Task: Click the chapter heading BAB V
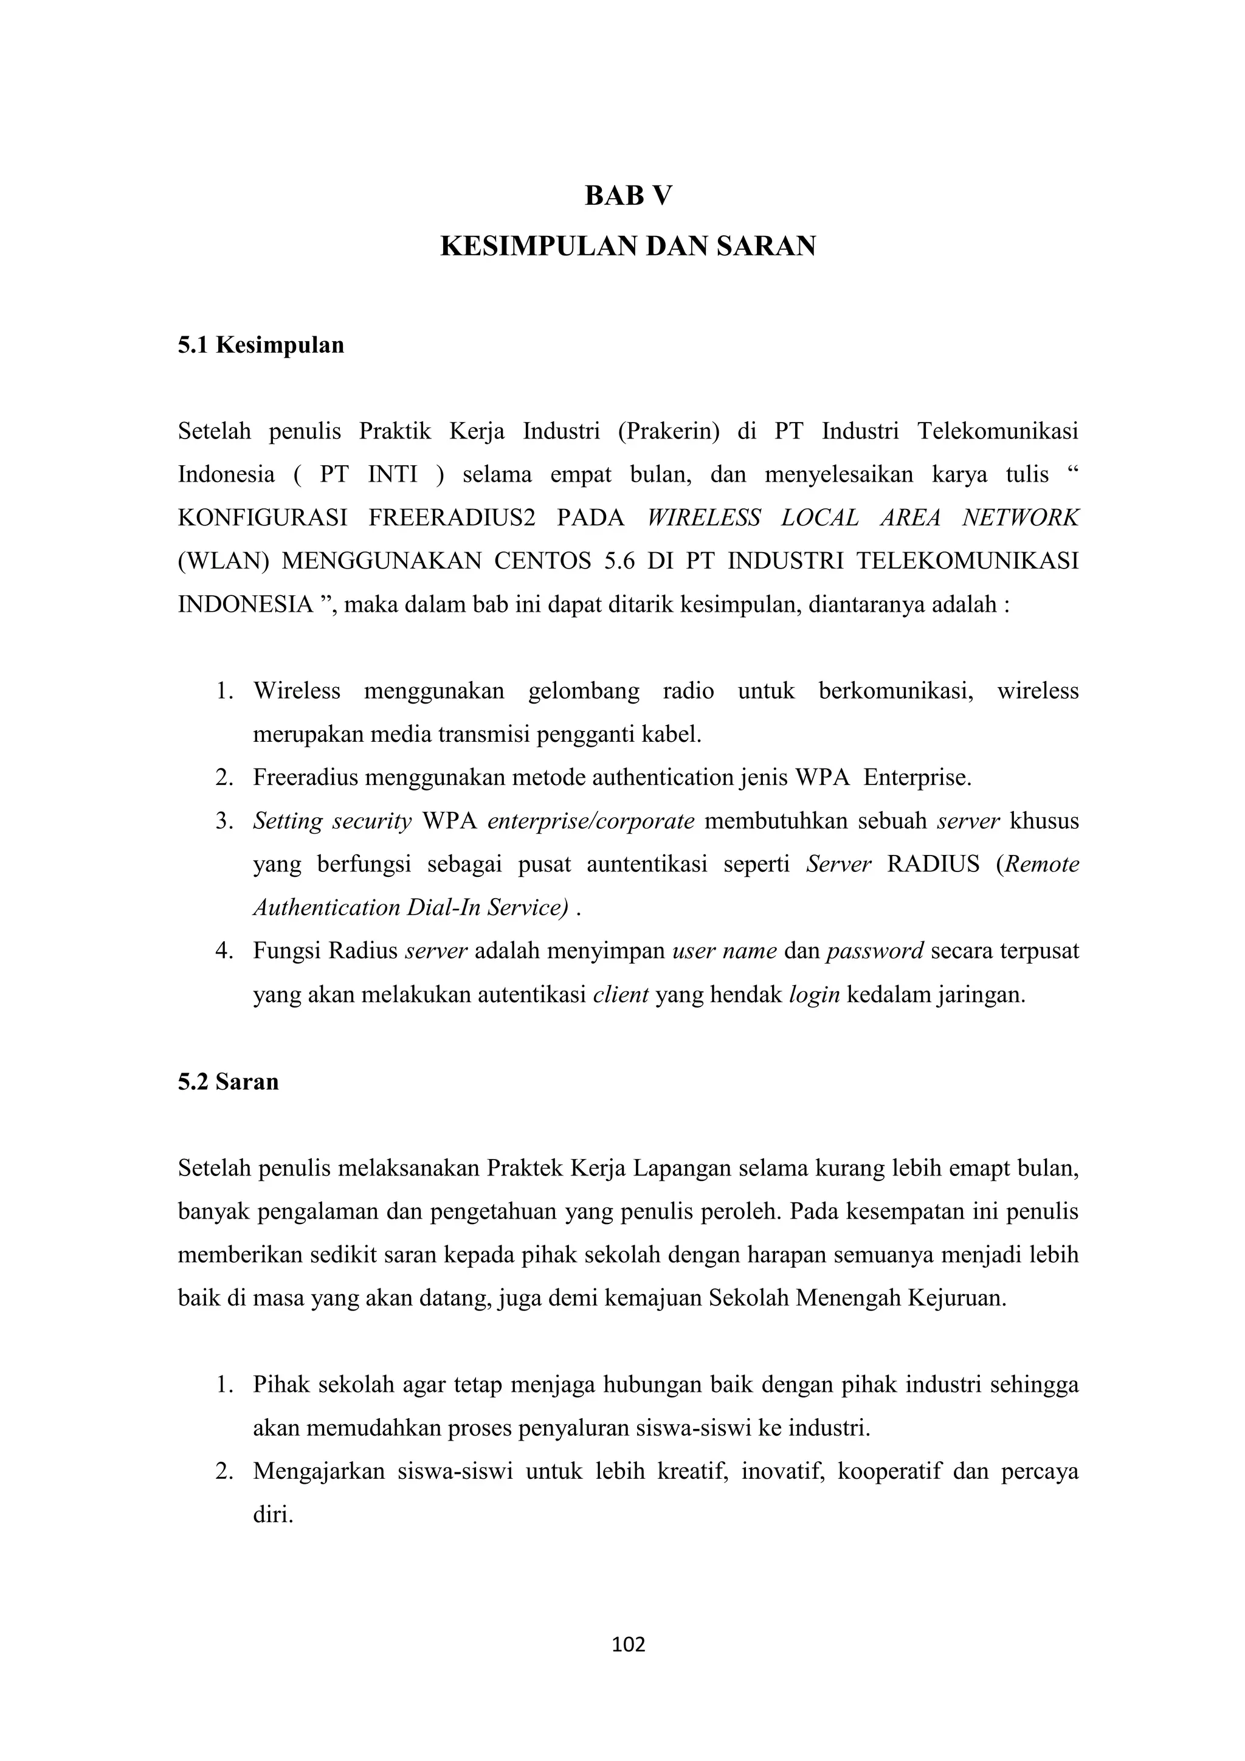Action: [628, 196]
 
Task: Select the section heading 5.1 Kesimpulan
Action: [261, 345]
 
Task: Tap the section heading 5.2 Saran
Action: [228, 1081]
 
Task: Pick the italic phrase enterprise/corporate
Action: [590, 822]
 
